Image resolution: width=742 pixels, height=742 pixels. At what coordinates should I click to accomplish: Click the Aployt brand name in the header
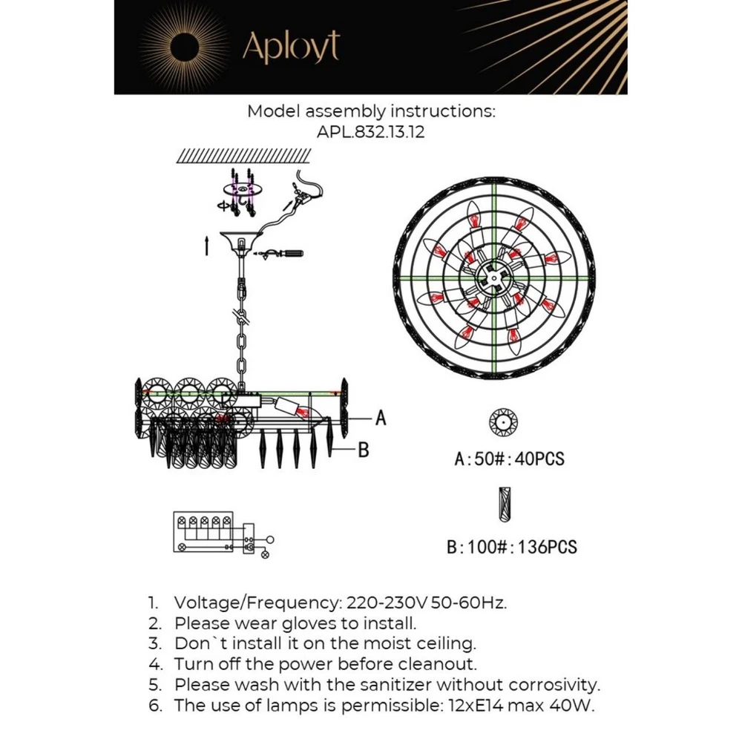[290, 47]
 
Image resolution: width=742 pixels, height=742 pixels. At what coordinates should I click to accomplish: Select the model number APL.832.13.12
[370, 133]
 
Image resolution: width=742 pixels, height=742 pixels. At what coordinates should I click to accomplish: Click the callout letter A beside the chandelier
[381, 419]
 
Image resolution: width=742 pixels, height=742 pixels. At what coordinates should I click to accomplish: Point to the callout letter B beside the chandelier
[364, 450]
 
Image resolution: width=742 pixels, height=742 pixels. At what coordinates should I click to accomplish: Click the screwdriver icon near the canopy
[286, 255]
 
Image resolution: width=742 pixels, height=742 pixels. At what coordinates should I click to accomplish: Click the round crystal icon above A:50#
[502, 422]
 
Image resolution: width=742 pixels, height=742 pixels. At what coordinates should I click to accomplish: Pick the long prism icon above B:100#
[504, 505]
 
